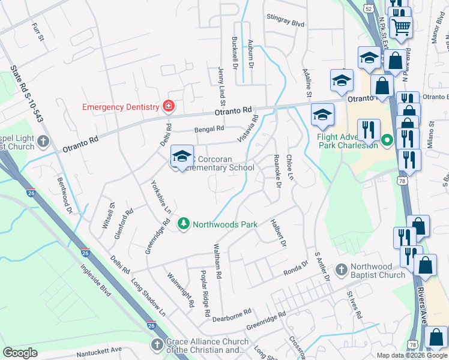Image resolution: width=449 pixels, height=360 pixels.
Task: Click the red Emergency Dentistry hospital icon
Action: tap(169, 107)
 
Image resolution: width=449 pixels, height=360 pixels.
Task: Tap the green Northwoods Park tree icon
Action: tap(184, 224)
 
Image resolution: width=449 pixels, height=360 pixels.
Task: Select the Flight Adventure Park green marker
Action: tap(387, 142)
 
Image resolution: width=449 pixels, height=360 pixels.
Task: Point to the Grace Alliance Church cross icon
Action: tap(157, 344)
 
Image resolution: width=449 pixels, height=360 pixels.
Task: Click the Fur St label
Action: tap(39, 33)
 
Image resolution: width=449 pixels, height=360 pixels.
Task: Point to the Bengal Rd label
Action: tap(208, 128)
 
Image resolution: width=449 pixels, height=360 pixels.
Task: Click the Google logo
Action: tap(20, 353)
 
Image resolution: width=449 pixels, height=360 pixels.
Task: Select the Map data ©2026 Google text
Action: tap(412, 355)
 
